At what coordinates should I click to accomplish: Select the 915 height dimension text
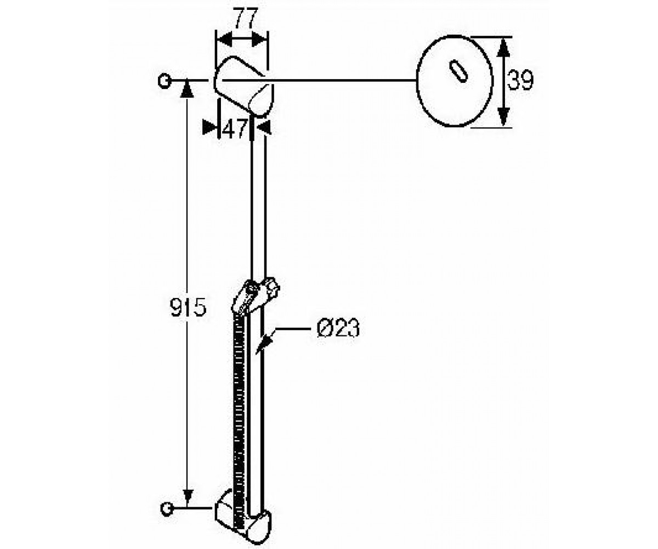click(x=188, y=307)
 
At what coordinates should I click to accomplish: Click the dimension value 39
click(x=520, y=80)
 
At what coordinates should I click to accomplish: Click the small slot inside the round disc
click(x=458, y=71)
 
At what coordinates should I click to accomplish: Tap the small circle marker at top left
click(x=164, y=81)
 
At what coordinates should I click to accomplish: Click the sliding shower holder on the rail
click(x=256, y=296)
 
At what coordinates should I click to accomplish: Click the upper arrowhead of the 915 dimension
click(x=188, y=88)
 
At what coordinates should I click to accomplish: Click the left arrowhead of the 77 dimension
click(x=225, y=41)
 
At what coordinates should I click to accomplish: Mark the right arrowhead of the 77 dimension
click(x=259, y=41)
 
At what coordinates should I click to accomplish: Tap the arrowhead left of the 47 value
click(x=209, y=127)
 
